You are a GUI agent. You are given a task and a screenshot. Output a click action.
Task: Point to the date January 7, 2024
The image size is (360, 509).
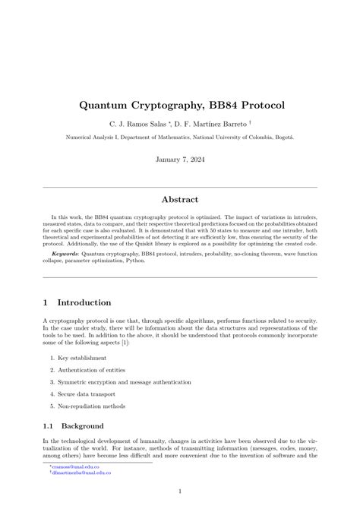pyautogui.click(x=180, y=161)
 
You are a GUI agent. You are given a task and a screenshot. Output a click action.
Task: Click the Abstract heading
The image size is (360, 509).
pyautogui.click(x=180, y=200)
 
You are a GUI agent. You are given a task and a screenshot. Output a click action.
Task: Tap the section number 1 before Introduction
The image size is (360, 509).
pyautogui.click(x=47, y=302)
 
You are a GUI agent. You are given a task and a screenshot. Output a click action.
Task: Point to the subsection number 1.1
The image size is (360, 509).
pyautogui.click(x=49, y=426)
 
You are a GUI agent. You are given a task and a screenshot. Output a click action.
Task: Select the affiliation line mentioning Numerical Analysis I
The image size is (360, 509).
pyautogui.click(x=180, y=138)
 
